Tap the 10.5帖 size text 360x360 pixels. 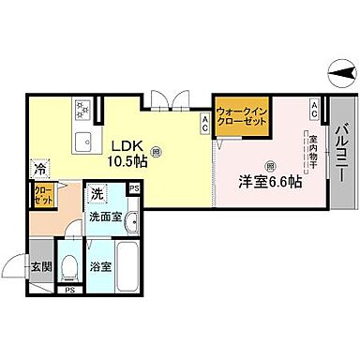(x=127, y=161)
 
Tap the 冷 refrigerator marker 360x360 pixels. (x=40, y=170)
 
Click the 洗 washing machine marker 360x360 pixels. (x=97, y=196)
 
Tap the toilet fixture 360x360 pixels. (x=69, y=266)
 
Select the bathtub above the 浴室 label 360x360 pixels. (x=115, y=261)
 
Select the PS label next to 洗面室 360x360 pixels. (x=134, y=190)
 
